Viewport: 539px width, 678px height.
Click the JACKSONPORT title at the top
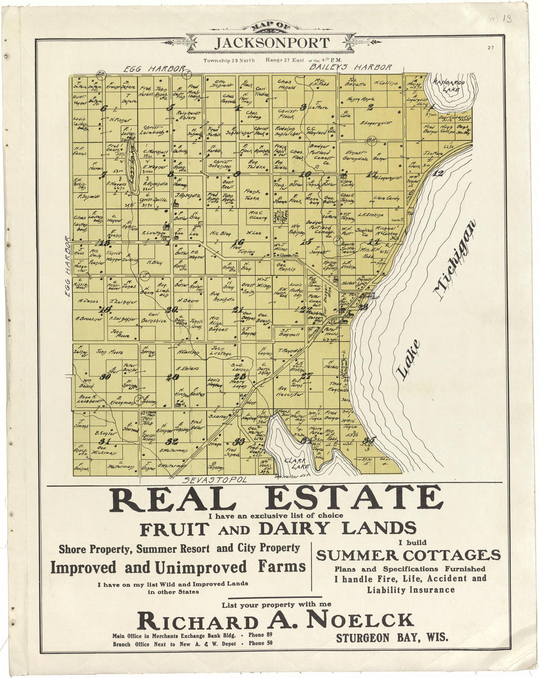click(272, 43)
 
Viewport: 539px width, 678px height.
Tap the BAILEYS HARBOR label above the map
click(351, 67)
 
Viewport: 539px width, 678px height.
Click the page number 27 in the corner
click(490, 48)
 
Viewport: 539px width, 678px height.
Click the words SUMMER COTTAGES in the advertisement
click(408, 555)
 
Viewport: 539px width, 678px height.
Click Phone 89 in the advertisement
click(260, 635)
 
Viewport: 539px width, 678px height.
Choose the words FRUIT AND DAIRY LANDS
click(278, 529)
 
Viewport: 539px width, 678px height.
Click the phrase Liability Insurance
click(411, 590)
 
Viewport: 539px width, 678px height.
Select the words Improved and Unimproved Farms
click(178, 567)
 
